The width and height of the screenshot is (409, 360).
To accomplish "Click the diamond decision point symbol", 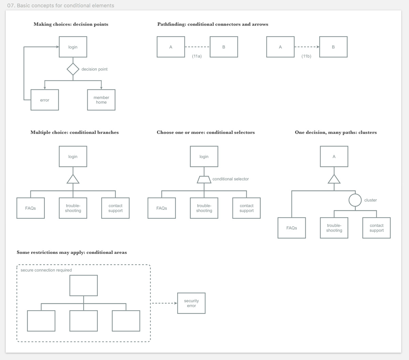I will pyautogui.click(x=73, y=69).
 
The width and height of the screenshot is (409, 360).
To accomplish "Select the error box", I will pyautogui.click(x=45, y=100).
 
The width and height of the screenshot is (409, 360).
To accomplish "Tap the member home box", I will pyautogui.click(x=101, y=100).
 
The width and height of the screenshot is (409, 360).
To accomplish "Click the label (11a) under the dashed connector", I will pyautogui.click(x=197, y=56).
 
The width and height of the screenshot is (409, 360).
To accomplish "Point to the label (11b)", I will pyautogui.click(x=306, y=56).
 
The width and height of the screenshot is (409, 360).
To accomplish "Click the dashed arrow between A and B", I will pyautogui.click(x=307, y=47).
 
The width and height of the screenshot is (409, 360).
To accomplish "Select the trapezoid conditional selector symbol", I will pyautogui.click(x=204, y=179).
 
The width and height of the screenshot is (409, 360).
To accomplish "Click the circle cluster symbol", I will pyautogui.click(x=355, y=200).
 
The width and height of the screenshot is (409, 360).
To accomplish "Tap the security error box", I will pyautogui.click(x=191, y=303).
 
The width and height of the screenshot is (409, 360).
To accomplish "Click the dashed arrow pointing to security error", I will pyautogui.click(x=164, y=303).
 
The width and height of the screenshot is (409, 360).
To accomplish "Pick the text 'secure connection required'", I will pyautogui.click(x=46, y=270).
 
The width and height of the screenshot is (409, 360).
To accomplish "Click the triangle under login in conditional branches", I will pyautogui.click(x=73, y=179).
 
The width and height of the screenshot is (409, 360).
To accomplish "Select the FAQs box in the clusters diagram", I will pyautogui.click(x=291, y=228).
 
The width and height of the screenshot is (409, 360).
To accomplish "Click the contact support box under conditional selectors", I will pyautogui.click(x=246, y=208).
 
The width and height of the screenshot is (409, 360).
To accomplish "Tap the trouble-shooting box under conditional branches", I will pyautogui.click(x=73, y=208).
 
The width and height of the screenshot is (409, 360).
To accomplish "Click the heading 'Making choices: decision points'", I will pyautogui.click(x=71, y=24).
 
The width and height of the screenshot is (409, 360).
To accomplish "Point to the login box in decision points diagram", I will pyautogui.click(x=73, y=47).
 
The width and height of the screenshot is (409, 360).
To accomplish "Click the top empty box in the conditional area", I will pyautogui.click(x=84, y=286).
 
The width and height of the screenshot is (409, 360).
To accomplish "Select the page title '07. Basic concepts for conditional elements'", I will pyautogui.click(x=61, y=5).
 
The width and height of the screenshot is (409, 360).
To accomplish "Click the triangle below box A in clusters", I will pyautogui.click(x=334, y=179).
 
